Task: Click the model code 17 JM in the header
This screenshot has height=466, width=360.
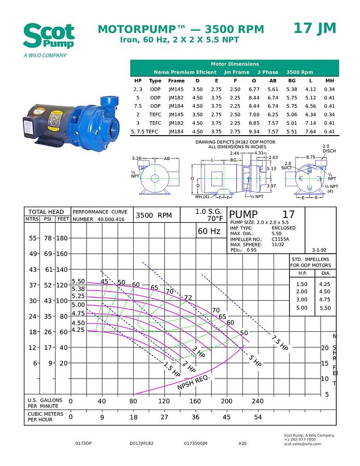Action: coord(314,28)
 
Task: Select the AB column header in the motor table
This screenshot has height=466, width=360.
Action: coord(272,81)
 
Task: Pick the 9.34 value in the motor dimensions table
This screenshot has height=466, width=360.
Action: coord(253,132)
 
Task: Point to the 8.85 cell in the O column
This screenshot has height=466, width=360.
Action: coord(253,123)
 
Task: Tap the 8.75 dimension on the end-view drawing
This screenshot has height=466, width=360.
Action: coord(310,157)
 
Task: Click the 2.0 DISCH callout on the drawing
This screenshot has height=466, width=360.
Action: coord(325,149)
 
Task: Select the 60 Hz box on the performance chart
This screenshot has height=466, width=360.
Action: coord(209,231)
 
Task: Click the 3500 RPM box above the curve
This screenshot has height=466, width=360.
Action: coord(153,215)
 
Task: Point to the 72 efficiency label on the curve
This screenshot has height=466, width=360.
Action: coord(188,297)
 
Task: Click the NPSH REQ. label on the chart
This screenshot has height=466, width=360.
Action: coord(193,383)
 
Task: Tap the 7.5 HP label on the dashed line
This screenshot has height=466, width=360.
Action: coord(280,342)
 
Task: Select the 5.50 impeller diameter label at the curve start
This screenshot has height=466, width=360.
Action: coord(78,281)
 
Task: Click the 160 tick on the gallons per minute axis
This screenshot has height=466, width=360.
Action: coord(195,401)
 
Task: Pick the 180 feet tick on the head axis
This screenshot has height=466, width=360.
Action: coord(62,238)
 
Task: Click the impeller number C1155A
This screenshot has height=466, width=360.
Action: coord(280,239)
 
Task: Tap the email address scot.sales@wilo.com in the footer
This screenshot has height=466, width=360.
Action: coord(302,444)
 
